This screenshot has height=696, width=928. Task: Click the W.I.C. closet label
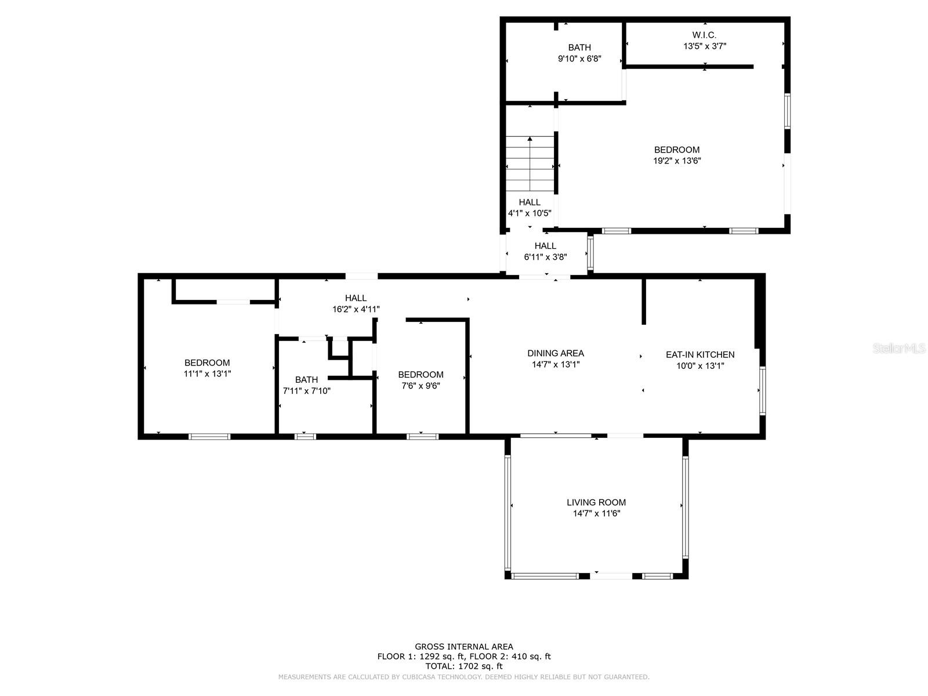tap(704, 35)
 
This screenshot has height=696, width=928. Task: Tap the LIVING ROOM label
tap(596, 502)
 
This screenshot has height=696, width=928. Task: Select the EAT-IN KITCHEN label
tap(700, 354)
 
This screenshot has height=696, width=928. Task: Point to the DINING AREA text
tap(556, 353)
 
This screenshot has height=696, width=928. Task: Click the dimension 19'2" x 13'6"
tap(677, 161)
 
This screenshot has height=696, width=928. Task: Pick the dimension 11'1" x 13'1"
tap(207, 374)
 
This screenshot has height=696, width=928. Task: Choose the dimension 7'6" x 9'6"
tap(420, 385)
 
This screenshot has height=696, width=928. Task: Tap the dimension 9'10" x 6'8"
tap(579, 59)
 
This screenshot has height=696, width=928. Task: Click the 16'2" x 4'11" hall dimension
tap(356, 309)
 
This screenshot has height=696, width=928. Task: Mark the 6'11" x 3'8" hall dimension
tap(545, 257)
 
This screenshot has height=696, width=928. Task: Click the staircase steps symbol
tap(530, 164)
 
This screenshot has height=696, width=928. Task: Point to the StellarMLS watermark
tap(899, 348)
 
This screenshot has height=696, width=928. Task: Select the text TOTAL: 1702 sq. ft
tap(464, 666)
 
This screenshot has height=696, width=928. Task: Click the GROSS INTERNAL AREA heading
tap(464, 647)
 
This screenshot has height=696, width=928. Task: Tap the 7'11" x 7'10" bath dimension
tap(306, 391)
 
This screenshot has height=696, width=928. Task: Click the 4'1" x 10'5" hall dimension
tap(530, 213)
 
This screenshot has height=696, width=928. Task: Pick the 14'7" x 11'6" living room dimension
tap(596, 513)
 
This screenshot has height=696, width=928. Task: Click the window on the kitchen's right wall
tap(762, 391)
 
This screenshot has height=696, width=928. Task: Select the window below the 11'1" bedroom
tap(209, 437)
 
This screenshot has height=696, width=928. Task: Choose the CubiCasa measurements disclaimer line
tap(464, 677)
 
